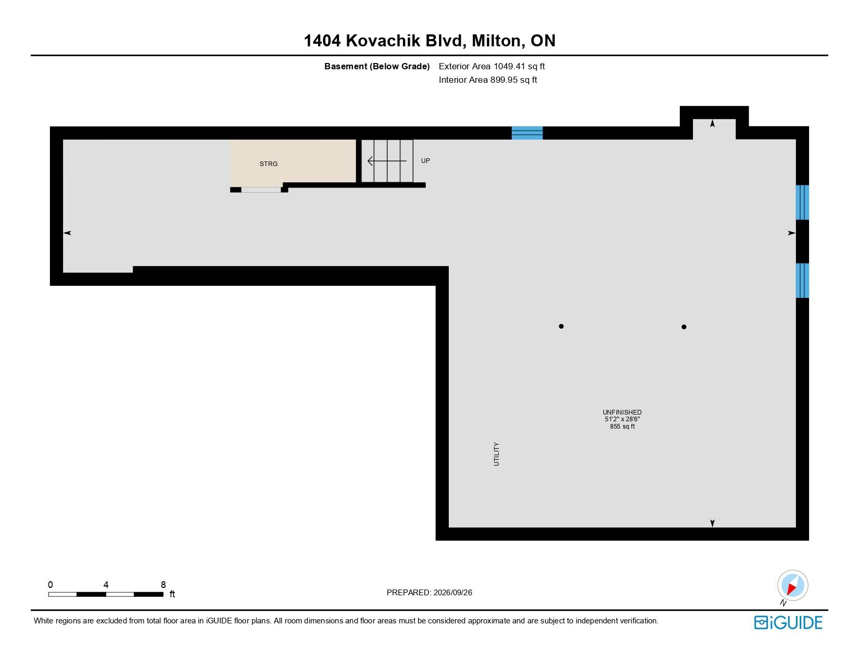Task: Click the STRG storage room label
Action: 269,164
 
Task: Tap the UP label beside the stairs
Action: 425,160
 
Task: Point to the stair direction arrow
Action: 387,161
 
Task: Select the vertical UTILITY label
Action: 497,454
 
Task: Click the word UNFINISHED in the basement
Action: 622,412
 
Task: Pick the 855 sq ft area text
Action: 622,427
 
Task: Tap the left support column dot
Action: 561,326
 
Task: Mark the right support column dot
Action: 684,327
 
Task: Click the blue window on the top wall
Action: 527,133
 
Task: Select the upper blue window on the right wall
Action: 802,202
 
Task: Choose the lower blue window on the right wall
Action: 802,280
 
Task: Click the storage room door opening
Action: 261,190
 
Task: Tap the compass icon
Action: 792,586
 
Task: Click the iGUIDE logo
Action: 788,622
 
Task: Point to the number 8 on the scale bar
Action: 163,584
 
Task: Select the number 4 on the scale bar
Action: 106,584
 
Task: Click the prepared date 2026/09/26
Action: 452,593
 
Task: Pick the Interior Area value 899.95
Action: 504,80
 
